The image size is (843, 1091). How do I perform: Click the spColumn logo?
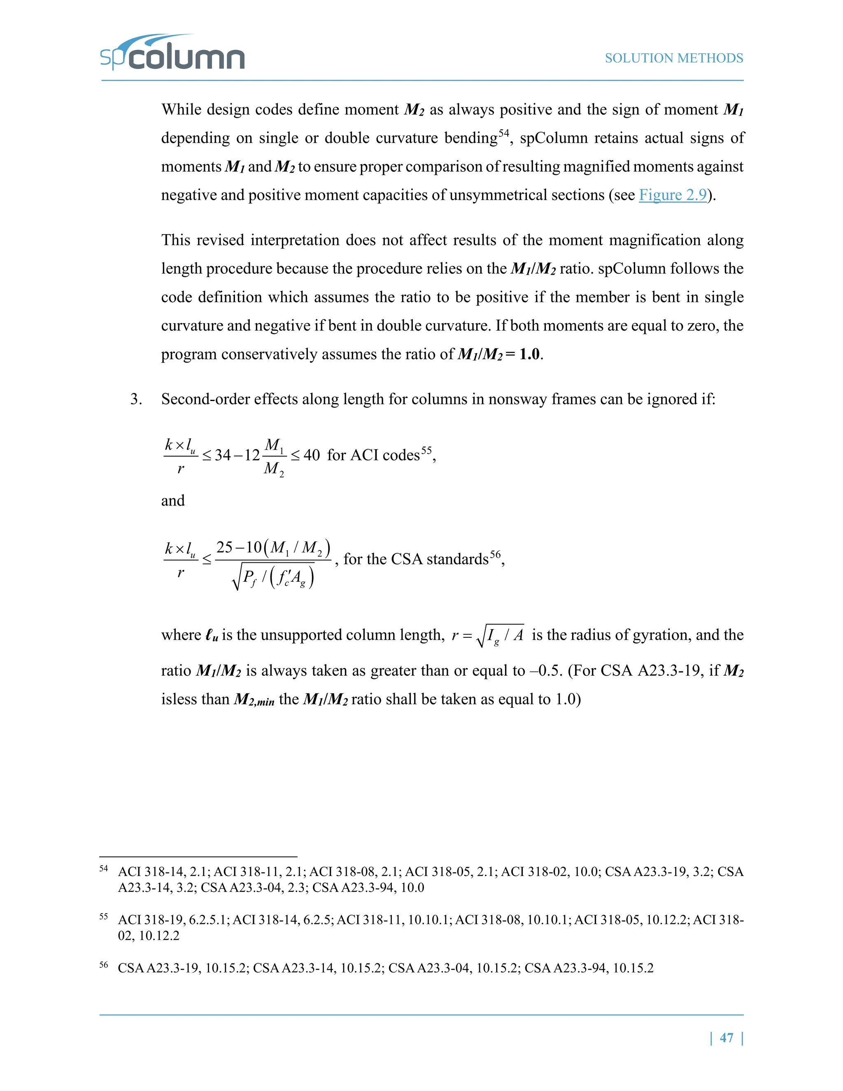[x=172, y=54]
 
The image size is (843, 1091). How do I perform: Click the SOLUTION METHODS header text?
[x=674, y=58]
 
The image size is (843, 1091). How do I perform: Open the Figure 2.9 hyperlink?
[x=673, y=195]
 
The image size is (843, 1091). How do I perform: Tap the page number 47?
[x=727, y=1037]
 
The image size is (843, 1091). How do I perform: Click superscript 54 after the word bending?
[x=503, y=133]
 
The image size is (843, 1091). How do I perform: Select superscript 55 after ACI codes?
[x=426, y=450]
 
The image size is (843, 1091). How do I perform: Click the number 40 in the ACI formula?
[x=312, y=455]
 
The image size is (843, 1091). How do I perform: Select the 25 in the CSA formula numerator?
[x=224, y=548]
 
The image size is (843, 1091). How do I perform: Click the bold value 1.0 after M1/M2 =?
[x=529, y=354]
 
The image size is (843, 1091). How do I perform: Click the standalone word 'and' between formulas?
[x=173, y=501]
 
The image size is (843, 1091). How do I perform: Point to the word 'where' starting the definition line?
[x=181, y=635]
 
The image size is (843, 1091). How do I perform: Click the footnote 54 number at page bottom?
[x=103, y=868]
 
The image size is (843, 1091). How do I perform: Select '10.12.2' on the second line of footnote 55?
[x=159, y=936]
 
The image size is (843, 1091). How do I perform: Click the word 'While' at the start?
[x=180, y=110]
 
